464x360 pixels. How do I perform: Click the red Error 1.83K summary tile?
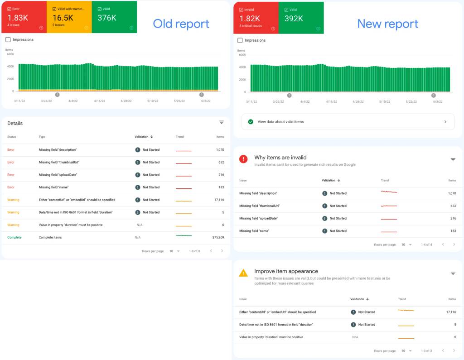point(24,17)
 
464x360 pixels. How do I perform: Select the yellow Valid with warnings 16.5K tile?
point(69,17)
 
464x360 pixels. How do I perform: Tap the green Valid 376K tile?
point(114,17)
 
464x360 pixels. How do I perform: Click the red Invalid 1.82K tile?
point(256,18)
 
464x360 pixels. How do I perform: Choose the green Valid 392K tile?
point(301,18)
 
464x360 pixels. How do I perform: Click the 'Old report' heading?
point(181,24)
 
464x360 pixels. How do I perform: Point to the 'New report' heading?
point(388,24)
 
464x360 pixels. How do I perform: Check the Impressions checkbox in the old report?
point(8,40)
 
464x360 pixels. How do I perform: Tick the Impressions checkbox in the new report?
point(240,40)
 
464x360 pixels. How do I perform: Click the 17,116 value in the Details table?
point(219,200)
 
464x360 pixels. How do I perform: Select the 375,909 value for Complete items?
point(218,238)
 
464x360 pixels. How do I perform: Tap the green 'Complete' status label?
point(14,238)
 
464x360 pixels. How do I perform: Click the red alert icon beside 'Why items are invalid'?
point(243,159)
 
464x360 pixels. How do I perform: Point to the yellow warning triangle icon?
point(243,273)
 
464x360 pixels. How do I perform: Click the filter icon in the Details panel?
point(221,122)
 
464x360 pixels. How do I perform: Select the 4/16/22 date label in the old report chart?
point(99,101)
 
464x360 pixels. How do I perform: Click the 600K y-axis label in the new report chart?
point(242,55)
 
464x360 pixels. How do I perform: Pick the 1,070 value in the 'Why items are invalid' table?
point(452,193)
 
